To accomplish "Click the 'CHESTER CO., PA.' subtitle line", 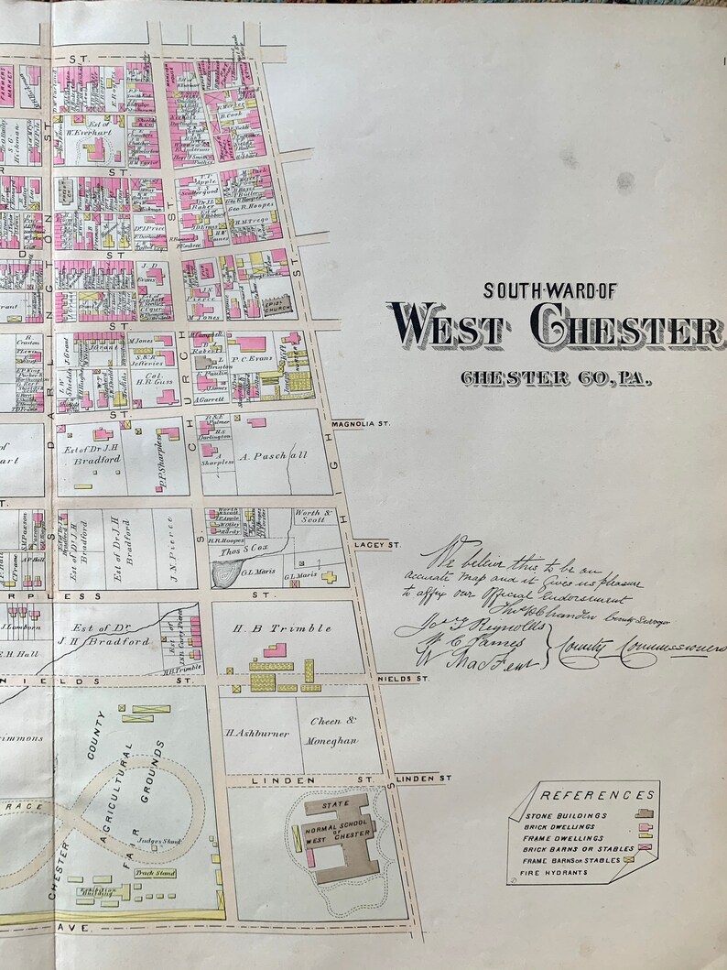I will pyautogui.click(x=557, y=377).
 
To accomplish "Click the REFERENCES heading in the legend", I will pyautogui.click(x=597, y=795).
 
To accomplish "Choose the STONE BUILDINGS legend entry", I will pyautogui.click(x=568, y=814).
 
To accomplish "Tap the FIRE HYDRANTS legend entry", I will pyautogui.click(x=557, y=872).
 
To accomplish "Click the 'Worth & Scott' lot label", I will pyautogui.click(x=310, y=516).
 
